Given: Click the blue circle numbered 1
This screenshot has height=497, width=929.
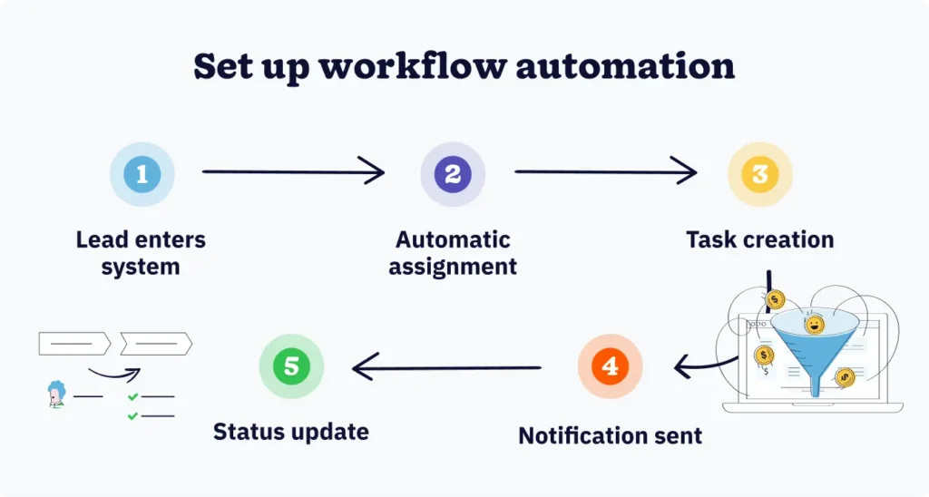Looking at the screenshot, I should coord(142,173).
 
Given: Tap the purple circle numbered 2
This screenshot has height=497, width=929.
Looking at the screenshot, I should coord(453,173).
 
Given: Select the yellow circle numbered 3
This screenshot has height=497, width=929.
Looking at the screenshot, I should coord(760,173).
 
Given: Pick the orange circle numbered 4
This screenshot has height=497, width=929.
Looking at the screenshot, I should coord(610,366).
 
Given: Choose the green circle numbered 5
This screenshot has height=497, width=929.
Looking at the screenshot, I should coord(291,366).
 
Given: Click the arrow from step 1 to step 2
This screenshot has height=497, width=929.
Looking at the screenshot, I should coord(292,171).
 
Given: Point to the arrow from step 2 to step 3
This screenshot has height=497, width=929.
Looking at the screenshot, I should coord(604,171).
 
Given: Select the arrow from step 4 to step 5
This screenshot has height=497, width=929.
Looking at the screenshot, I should coord(446,366).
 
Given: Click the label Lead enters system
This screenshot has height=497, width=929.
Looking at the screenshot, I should coord(141,253).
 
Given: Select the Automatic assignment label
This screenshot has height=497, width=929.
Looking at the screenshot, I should coord(453,253).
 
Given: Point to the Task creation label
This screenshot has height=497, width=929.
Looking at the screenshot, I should coord(759,240).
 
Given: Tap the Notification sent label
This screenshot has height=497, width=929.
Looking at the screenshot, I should coord(610,435).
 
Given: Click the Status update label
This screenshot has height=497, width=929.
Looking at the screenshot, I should coord(291,431).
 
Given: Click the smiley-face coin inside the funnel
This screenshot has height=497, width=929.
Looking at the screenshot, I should coord(814,324).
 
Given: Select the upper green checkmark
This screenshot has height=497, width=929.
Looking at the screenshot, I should coord(132,397).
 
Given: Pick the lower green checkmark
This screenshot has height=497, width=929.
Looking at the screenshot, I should coord(132,415).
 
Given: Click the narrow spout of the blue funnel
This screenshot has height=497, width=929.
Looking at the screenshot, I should coord(815,382).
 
